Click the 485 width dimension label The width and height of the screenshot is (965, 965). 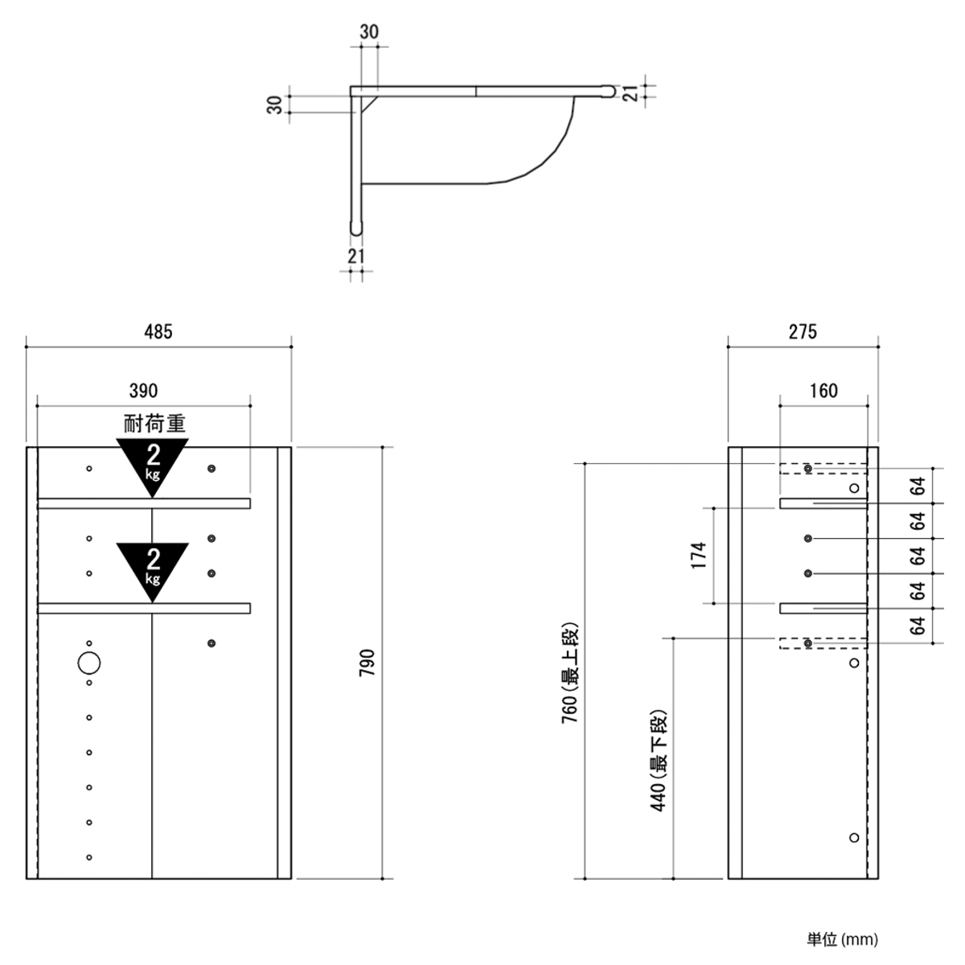158,331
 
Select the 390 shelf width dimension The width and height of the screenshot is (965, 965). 144,391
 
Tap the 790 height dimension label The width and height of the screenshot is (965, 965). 367,663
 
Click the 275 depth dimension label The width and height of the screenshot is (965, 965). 803,331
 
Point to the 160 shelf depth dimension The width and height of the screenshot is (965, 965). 823,391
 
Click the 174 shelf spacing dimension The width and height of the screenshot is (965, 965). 698,555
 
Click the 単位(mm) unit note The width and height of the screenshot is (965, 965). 842,939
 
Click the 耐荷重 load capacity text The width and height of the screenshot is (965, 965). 154,424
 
